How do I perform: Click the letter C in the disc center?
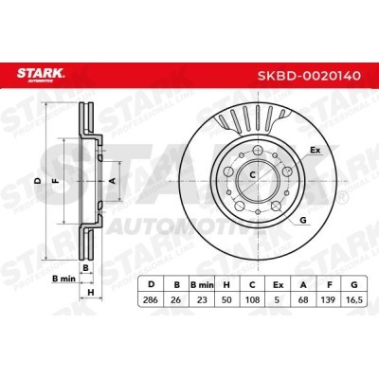253,175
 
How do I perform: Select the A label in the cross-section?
113,179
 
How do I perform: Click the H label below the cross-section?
90,292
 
